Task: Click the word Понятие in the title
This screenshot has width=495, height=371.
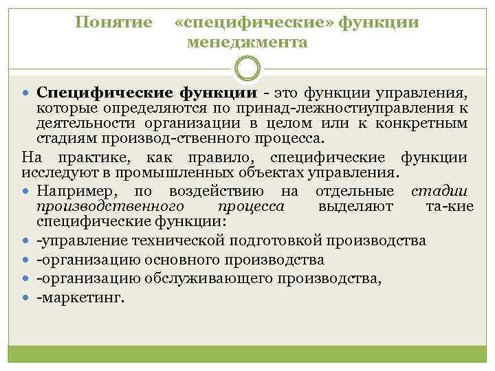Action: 113,23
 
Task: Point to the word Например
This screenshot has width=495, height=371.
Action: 74,190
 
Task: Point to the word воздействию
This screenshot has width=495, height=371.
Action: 217,190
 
